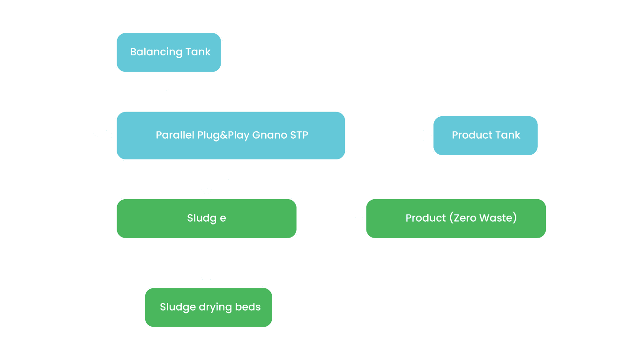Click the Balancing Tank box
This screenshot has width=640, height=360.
pyautogui.click(x=169, y=52)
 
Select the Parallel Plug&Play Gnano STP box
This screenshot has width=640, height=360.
pyautogui.click(x=231, y=135)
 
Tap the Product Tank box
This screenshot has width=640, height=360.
pyautogui.click(x=485, y=135)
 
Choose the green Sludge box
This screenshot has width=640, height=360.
pyautogui.click(x=206, y=218)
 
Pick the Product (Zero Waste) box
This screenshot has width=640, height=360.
pyautogui.click(x=456, y=218)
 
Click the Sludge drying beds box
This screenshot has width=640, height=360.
pyautogui.click(x=208, y=307)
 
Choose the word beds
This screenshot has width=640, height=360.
pyautogui.click(x=248, y=307)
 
